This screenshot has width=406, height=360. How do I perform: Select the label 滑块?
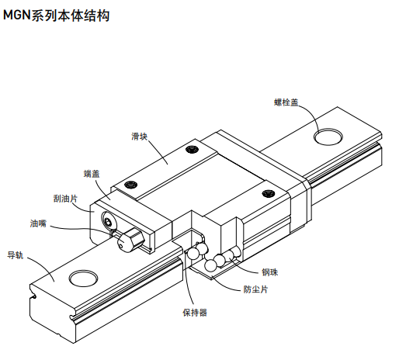pos(140,136)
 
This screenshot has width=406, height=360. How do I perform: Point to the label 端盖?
pos(91,174)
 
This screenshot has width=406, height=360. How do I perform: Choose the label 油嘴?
pos(38,224)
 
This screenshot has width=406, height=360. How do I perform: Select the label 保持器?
pos(194,313)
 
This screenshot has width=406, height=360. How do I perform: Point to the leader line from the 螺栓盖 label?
pos(312,116)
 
